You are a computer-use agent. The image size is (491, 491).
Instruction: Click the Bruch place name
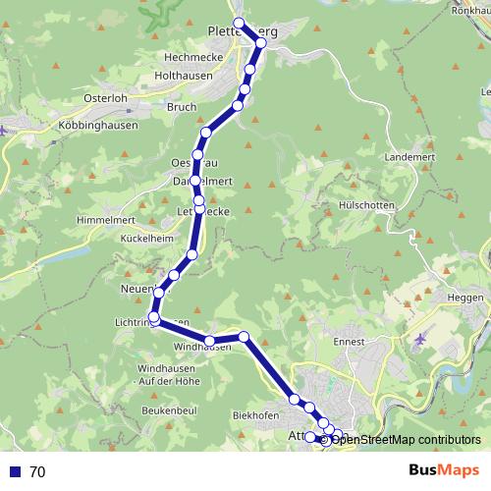pyautogui.click(x=182, y=106)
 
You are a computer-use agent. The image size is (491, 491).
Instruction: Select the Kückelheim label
pyautogui.click(x=146, y=238)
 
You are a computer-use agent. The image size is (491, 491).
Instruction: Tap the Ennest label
pyautogui.click(x=350, y=341)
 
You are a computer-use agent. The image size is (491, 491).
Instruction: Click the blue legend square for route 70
pyautogui.click(x=13, y=472)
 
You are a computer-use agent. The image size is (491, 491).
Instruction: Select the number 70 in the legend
pyautogui.click(x=38, y=472)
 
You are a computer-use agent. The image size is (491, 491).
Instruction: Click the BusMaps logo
pyautogui.click(x=446, y=471)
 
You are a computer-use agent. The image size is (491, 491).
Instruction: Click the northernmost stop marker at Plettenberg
pyautogui.click(x=238, y=23)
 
